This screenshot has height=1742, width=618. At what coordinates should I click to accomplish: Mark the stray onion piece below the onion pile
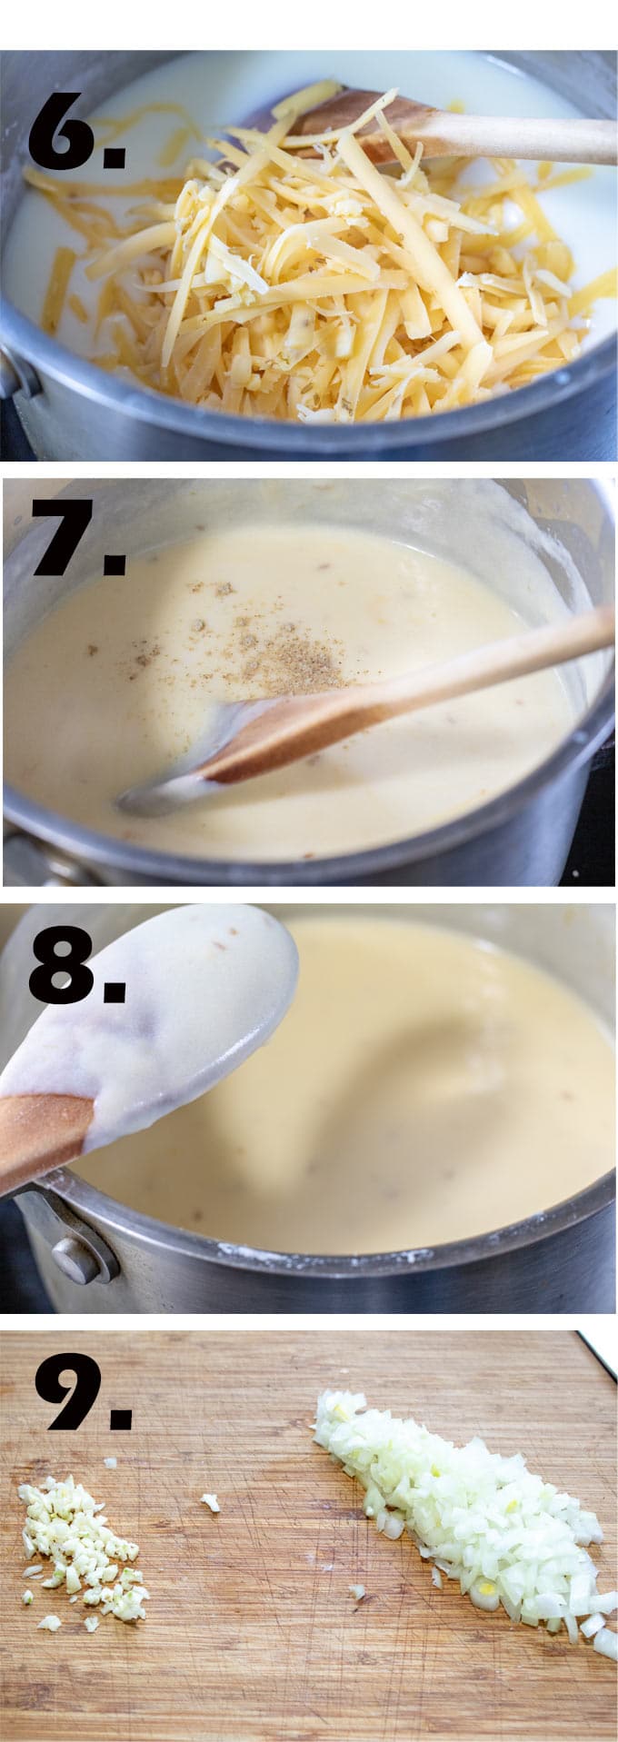point(357,1591)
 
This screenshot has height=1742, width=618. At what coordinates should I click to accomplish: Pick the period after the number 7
point(115,566)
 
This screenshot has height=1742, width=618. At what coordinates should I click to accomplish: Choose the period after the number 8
point(115,992)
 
